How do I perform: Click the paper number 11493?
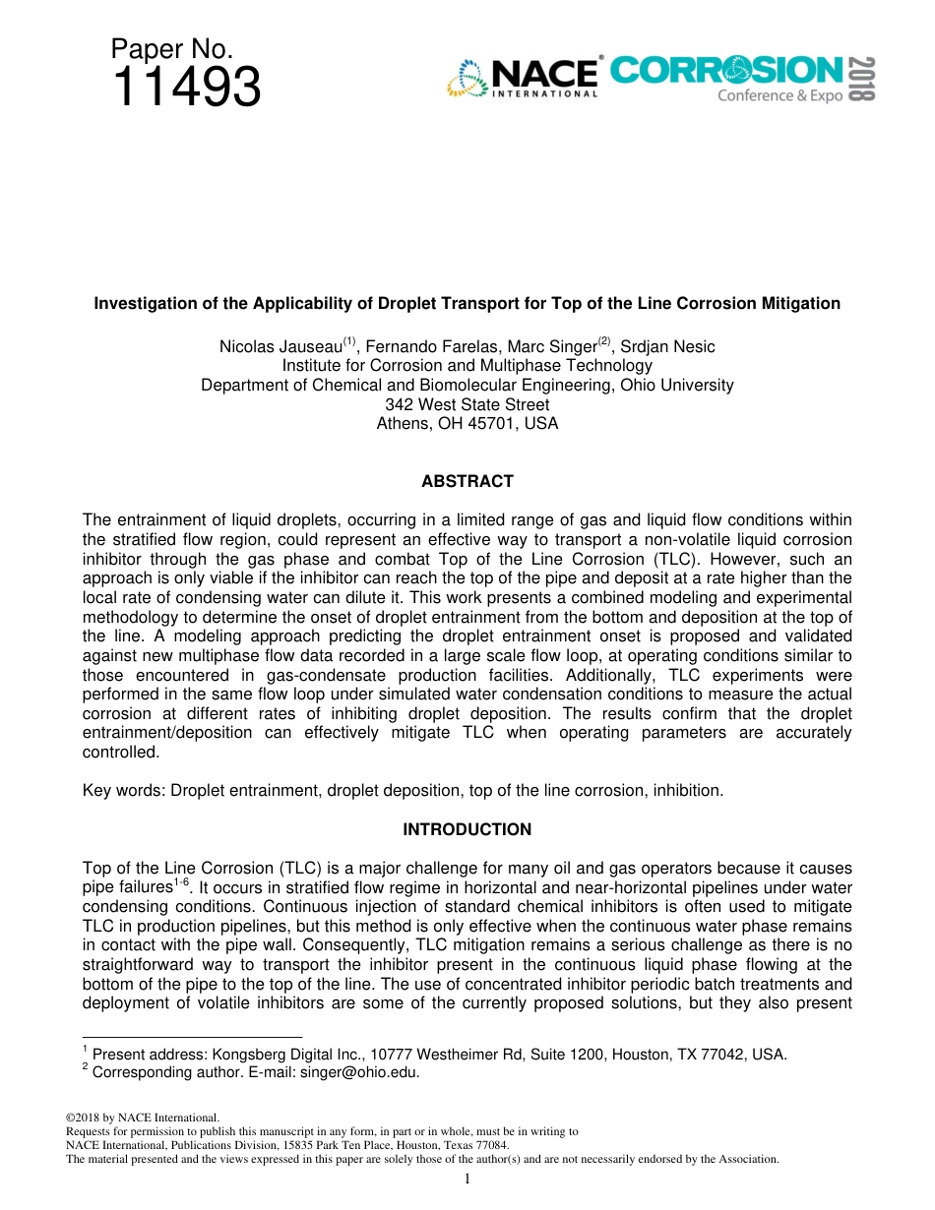[186, 88]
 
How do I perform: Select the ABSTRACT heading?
[467, 481]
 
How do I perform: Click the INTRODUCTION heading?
[467, 829]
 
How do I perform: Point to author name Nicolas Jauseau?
[280, 346]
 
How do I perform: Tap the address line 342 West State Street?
[467, 404]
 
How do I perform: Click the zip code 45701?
[495, 424]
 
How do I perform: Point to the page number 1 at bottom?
[467, 1180]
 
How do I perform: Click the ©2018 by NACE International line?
[142, 1118]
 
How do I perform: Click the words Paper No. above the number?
[171, 49]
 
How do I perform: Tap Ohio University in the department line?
[676, 385]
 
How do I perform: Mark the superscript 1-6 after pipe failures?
[181, 882]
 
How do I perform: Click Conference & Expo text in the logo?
[779, 95]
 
